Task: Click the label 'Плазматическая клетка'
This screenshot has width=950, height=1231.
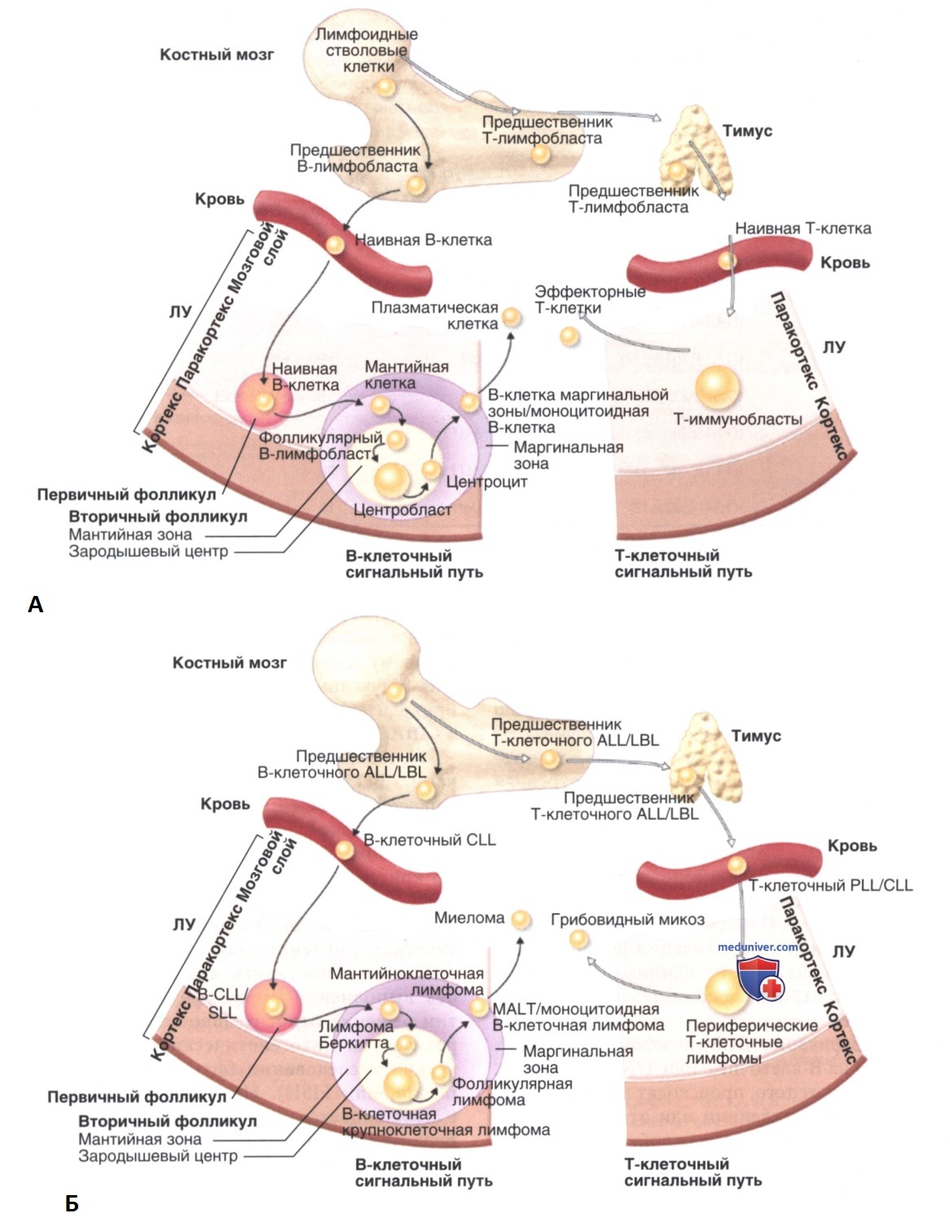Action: pos(435,315)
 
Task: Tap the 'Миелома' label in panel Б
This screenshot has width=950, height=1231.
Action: pos(468,918)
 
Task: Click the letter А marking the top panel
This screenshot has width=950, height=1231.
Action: pos(35,604)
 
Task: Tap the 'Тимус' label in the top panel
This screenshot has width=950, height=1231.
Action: pos(747,131)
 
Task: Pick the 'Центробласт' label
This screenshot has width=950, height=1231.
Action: pos(402,510)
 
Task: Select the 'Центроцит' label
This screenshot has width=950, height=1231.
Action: pos(487,482)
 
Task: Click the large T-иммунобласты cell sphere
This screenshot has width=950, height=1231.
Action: pos(717,387)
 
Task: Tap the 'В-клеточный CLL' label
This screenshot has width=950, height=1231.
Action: pos(429,840)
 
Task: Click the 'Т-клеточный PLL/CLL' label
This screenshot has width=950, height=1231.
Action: pos(831,885)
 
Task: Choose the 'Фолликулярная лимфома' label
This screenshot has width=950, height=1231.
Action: pos(512,1092)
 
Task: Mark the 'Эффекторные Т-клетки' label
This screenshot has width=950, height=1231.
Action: pos(590,300)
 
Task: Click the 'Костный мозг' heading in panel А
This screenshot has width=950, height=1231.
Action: pos(217,55)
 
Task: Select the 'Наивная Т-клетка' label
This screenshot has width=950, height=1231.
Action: pos(803,228)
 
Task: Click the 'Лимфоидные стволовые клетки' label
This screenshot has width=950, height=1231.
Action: pos(367,50)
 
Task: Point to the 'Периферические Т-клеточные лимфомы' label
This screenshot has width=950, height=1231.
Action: pos(751,1041)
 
